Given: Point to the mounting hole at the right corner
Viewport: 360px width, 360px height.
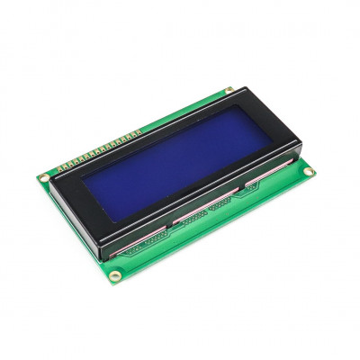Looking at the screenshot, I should [x=308, y=172].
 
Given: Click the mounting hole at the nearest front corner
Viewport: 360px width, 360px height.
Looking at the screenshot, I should [x=114, y=275].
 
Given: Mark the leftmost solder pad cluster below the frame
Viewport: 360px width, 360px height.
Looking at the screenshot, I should [x=144, y=241].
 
